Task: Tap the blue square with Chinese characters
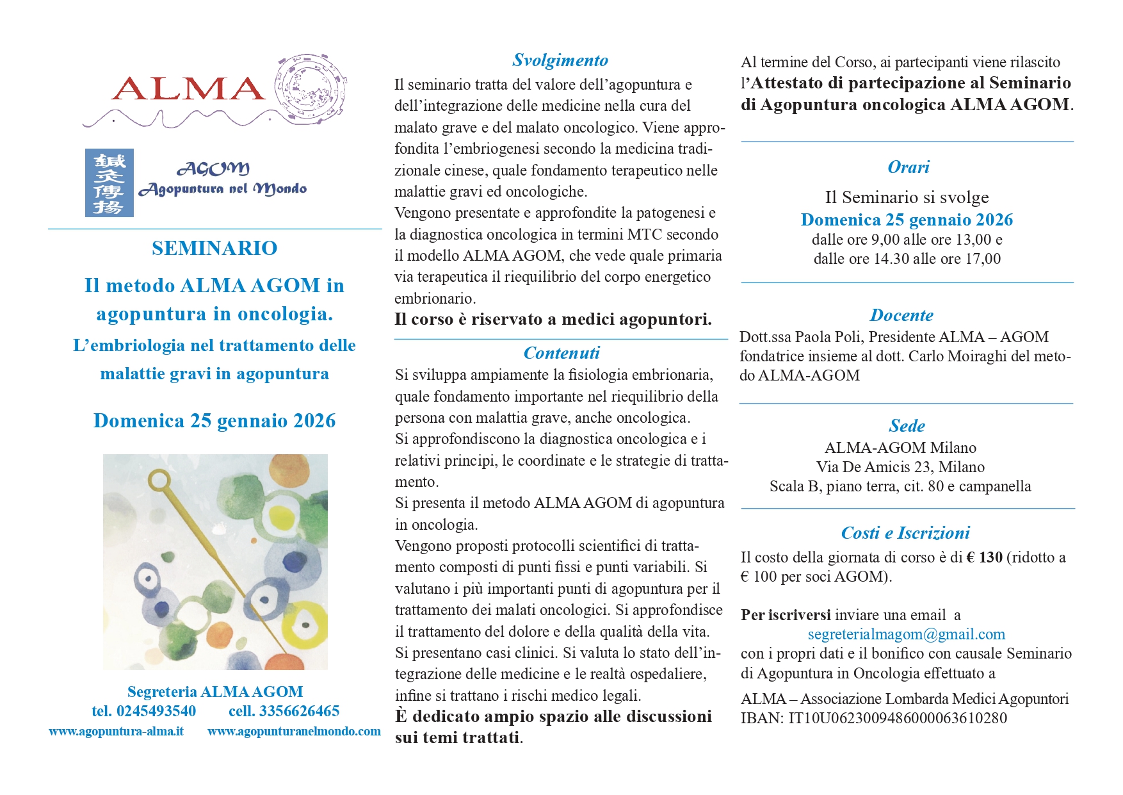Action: coord(109,183)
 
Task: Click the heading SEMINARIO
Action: coord(214,249)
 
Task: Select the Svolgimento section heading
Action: coord(560,60)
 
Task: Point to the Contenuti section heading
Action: coord(561,353)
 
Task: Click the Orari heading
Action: coord(908,167)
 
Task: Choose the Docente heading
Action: coord(901,315)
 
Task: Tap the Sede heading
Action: coord(907,426)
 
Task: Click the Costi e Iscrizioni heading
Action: coord(905,533)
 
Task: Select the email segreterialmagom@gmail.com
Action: coord(906,634)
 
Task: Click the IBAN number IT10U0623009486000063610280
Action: coord(898,718)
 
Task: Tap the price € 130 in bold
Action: coord(984,557)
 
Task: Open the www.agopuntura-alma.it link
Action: coord(116,732)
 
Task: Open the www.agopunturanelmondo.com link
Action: coord(294,732)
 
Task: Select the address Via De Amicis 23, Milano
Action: coord(900,467)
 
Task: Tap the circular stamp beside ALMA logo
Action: coord(311,88)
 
